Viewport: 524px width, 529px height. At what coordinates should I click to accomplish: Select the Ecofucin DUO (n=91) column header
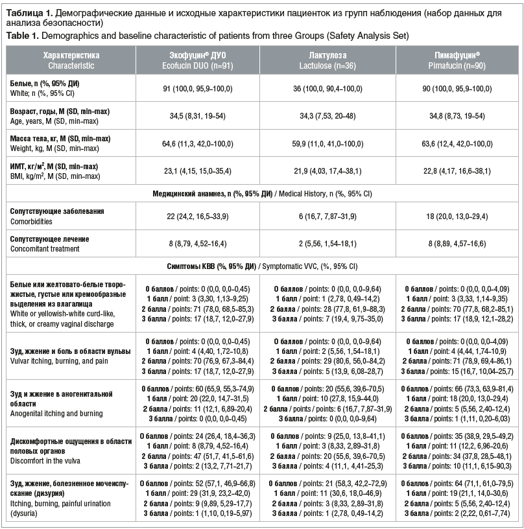point(197,61)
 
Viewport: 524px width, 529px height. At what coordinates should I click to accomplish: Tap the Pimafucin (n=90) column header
point(452,61)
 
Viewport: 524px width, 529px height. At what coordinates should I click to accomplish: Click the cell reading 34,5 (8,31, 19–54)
point(197,116)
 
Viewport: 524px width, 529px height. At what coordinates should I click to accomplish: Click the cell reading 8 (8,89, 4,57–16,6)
point(452,243)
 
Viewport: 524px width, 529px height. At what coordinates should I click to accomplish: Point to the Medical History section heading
point(262,193)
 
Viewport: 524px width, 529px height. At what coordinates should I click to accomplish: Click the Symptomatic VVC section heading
point(262,266)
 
